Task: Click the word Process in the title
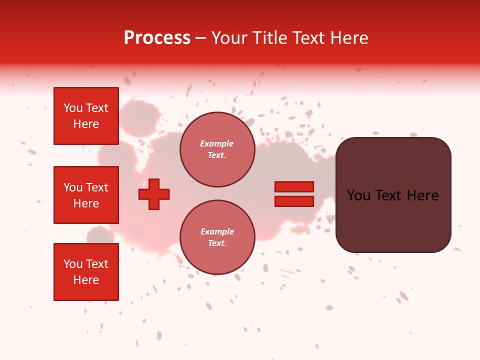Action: [157, 38]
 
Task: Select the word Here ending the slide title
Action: [348, 38]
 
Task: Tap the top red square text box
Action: [86, 116]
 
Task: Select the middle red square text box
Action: [86, 195]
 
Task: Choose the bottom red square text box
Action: [86, 271]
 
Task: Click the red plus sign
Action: [154, 194]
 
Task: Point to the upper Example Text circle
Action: [217, 149]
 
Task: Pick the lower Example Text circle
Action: [217, 237]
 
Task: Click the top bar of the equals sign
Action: [294, 187]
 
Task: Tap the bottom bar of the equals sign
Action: [294, 201]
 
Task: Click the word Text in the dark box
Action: [392, 195]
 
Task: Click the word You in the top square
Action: [73, 108]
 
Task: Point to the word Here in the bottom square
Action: [86, 280]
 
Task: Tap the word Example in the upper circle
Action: [217, 144]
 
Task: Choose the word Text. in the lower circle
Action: [217, 243]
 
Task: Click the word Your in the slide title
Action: [229, 38]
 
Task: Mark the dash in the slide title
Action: [201, 38]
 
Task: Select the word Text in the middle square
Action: [97, 187]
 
